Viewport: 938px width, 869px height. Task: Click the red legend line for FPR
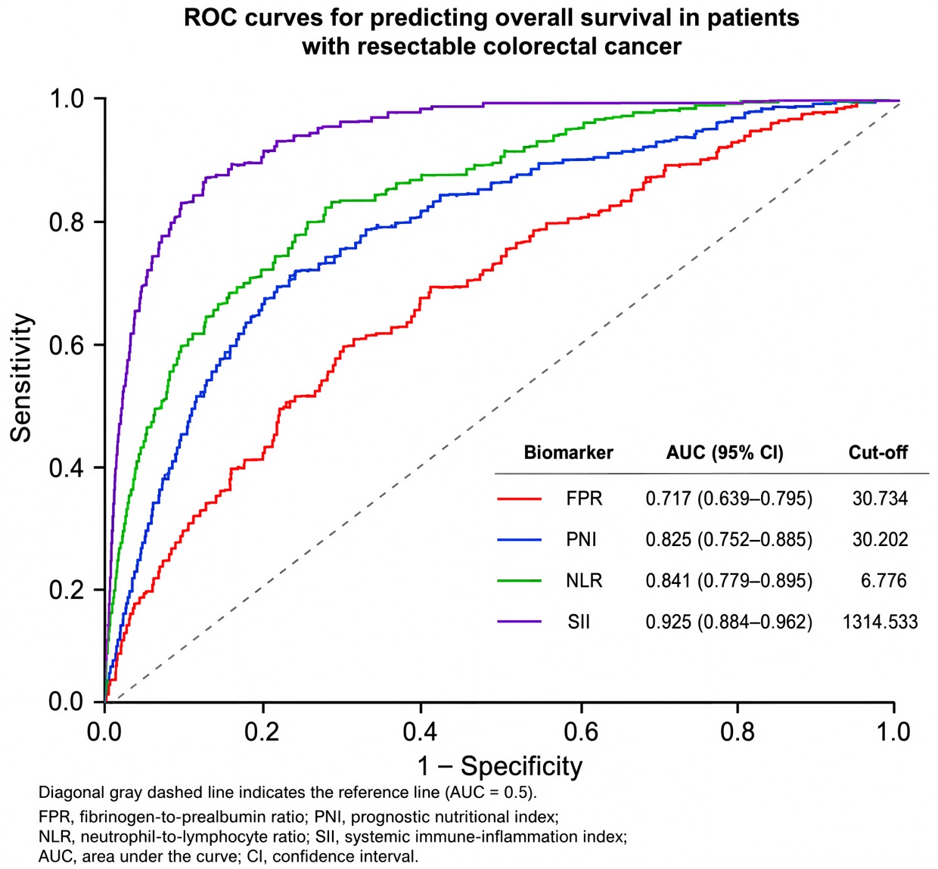pos(520,498)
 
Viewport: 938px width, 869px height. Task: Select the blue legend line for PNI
pos(520,540)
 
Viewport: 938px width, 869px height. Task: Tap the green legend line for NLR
pos(520,581)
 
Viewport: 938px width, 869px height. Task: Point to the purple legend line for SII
pos(520,622)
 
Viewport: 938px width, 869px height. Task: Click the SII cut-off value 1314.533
pos(881,622)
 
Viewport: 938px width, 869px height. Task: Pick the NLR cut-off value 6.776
pos(884,581)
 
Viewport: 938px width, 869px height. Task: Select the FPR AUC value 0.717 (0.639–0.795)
pos(729,498)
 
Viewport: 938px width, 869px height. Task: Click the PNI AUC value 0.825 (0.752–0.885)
pos(729,540)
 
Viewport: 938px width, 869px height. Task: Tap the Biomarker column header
pos(569,452)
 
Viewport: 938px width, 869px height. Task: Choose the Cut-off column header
pos(878,452)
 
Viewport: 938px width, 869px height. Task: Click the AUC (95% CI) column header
pos(725,452)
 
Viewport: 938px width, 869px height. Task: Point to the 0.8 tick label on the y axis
pos(67,222)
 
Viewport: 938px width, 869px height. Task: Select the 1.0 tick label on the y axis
pos(67,100)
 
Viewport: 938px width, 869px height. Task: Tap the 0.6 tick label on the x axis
pos(582,731)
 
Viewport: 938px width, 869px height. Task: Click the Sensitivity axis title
pos(22,378)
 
